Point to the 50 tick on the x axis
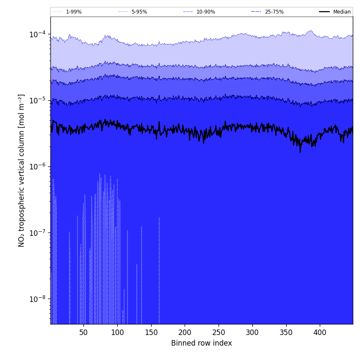pos(83,333)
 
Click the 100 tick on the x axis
pos(117,333)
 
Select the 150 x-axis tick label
pos(151,333)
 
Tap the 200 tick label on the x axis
pos(185,333)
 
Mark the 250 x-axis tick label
pos(219,333)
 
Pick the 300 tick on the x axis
pos(252,333)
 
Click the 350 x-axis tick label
pos(286,333)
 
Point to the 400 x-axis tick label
pos(320,333)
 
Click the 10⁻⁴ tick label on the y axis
pos(38,34)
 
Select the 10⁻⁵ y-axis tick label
pos(38,100)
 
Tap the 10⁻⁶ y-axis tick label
pos(38,166)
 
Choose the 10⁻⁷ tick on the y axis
pos(38,233)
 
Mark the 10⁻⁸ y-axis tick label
pos(38,299)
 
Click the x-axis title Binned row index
pos(202,343)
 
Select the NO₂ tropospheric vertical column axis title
pos(22,170)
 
